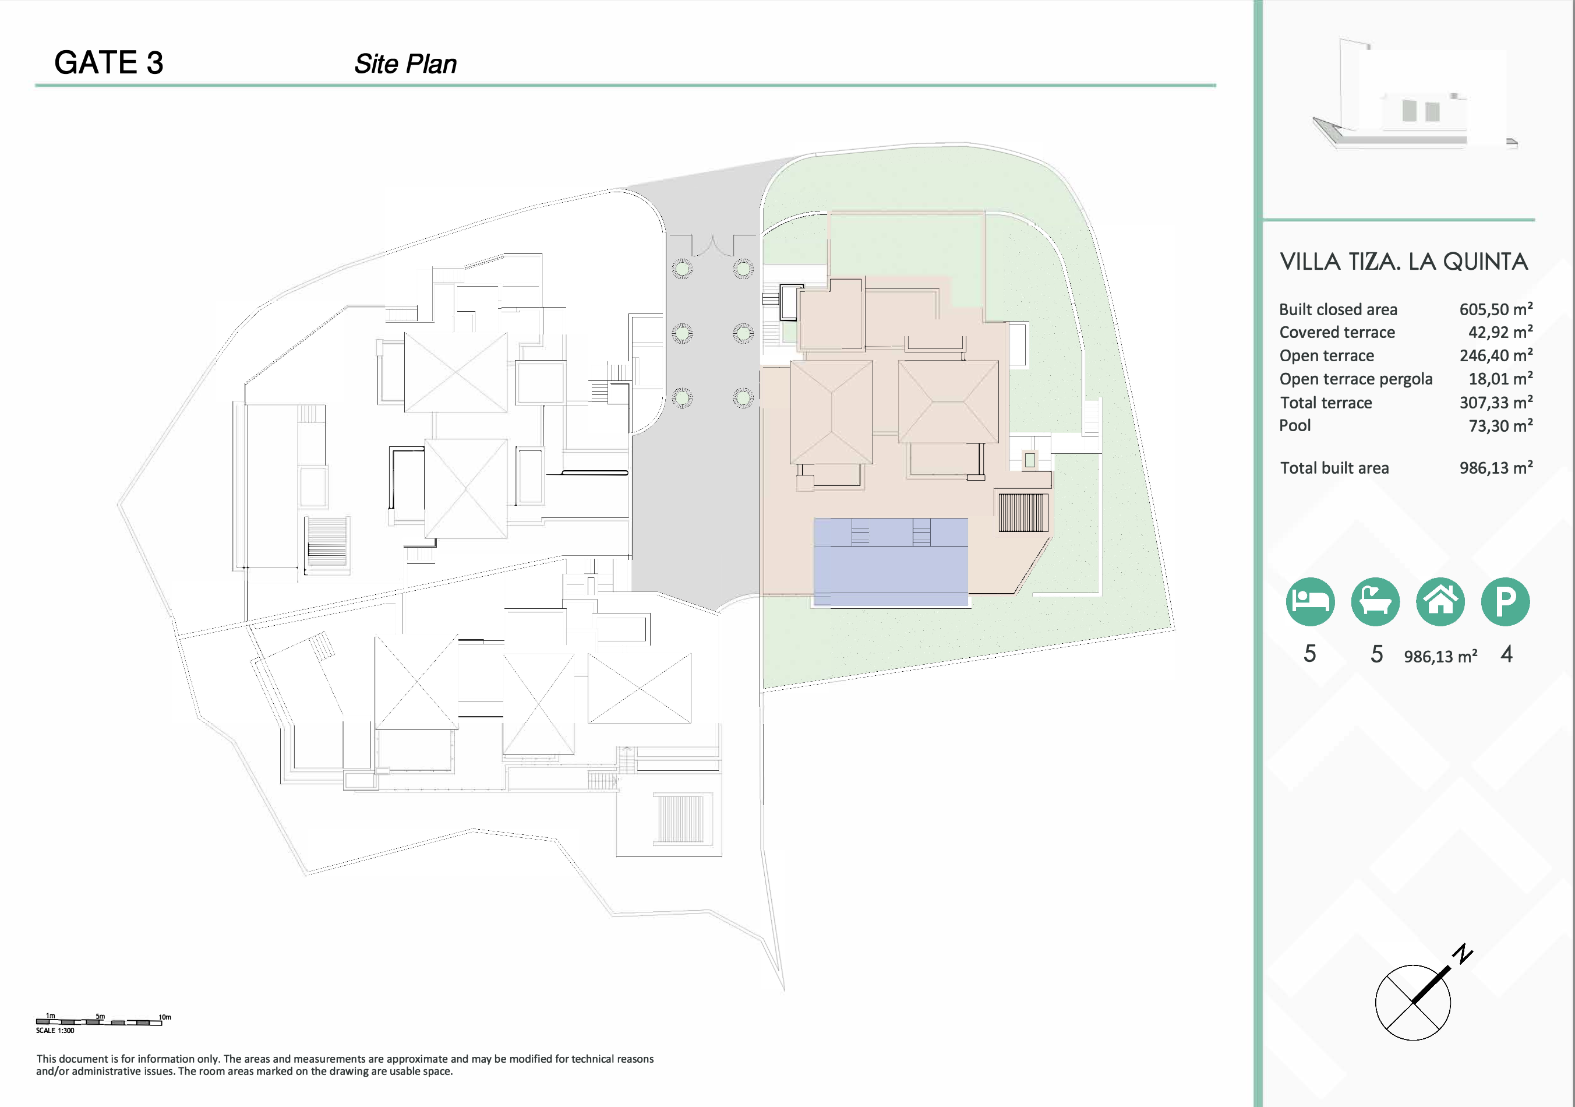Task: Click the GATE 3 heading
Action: point(108,62)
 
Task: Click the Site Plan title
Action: point(405,64)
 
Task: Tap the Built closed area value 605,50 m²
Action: point(1495,309)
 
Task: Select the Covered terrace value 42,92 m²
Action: point(1500,332)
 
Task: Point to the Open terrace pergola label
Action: point(1355,379)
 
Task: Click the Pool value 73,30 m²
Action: point(1500,425)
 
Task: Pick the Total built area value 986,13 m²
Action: point(1495,467)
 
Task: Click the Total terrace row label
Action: point(1325,402)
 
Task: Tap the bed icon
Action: point(1310,602)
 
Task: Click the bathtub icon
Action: point(1375,602)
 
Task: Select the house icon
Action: point(1440,602)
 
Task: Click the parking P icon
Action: point(1506,602)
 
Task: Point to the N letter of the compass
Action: point(1463,953)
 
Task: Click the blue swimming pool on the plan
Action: point(891,562)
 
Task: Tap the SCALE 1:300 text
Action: point(55,1030)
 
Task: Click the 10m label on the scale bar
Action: point(165,1017)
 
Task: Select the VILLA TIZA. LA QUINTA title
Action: point(1404,262)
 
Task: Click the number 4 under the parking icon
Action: point(1506,653)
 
